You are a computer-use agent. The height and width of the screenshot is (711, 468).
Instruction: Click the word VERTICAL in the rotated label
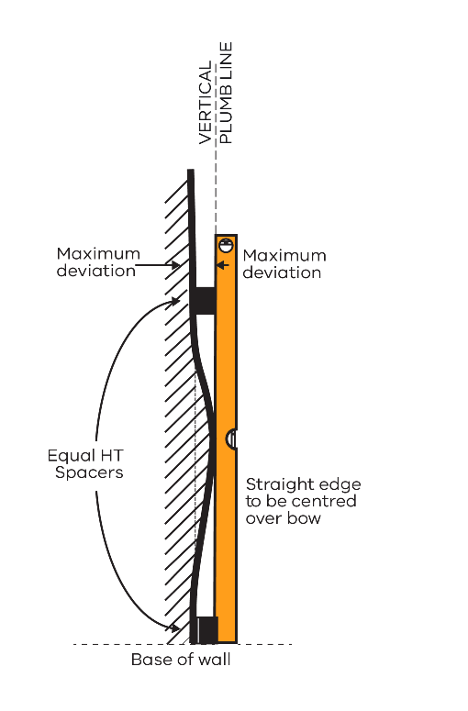coord(206,103)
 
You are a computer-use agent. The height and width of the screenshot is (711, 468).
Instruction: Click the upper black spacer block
coord(205,300)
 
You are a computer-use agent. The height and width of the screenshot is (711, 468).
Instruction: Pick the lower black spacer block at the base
coord(206,629)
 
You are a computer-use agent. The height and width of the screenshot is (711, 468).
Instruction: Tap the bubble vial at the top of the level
coord(226,245)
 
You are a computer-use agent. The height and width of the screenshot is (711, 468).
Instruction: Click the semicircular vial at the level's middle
coord(231,439)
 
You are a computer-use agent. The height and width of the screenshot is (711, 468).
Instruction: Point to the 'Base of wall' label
coord(181,660)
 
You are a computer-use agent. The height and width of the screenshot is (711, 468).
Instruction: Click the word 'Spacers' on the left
coord(89,473)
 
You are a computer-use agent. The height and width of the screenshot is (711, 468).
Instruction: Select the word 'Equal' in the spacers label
coord(67,456)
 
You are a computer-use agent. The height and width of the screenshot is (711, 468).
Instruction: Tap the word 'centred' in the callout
coord(327,501)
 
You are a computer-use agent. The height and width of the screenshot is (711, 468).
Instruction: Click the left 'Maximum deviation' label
coord(98,262)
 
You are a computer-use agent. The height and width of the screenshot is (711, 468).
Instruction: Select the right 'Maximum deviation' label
coord(284,264)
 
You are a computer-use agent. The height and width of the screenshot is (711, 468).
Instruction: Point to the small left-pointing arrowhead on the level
coord(220,265)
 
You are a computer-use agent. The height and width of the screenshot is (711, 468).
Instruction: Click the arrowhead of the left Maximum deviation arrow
coord(175,265)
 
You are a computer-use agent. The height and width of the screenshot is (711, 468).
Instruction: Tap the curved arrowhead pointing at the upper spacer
coord(174,301)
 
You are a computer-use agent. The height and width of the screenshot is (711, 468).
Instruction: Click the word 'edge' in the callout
coord(340,484)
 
